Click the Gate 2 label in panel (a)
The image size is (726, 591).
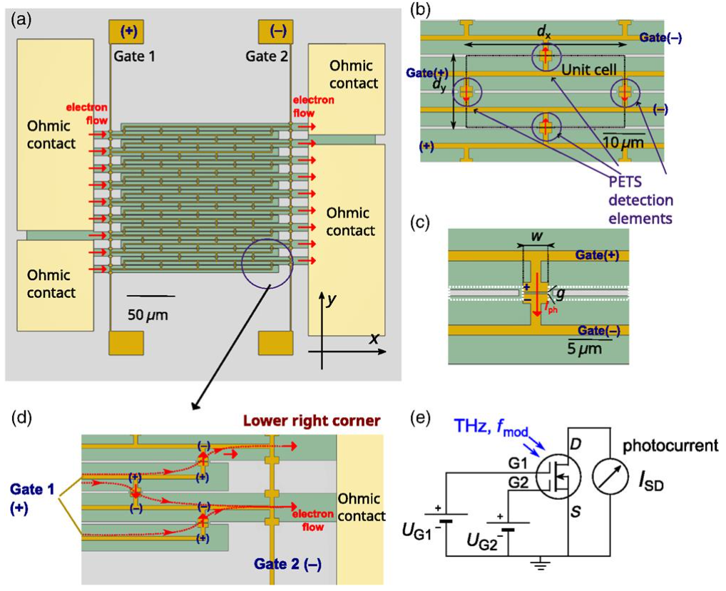point(266,56)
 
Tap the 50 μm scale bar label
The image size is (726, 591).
point(148,314)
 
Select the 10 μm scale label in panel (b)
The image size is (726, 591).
point(623,143)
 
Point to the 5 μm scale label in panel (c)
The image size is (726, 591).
point(584,349)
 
